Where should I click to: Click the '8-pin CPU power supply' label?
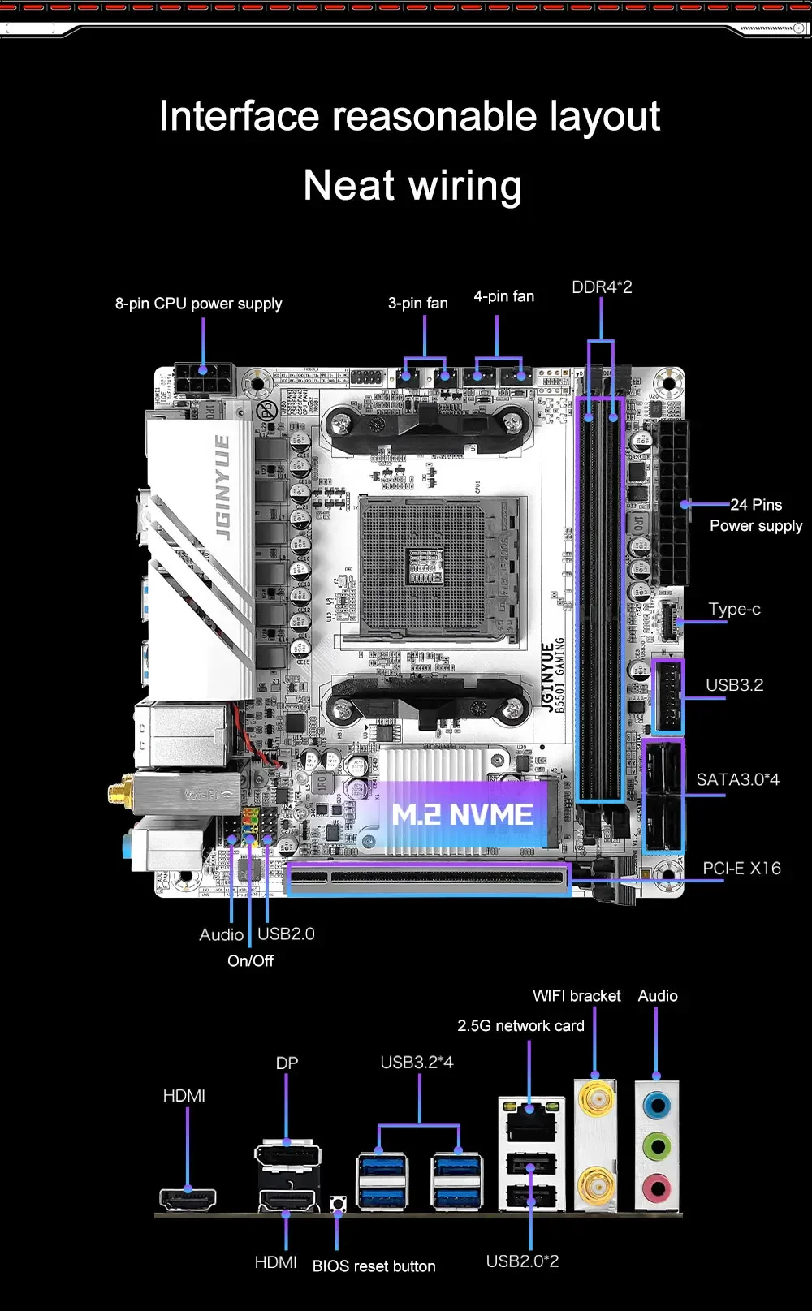[x=198, y=304]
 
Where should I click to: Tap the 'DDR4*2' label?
[x=602, y=287]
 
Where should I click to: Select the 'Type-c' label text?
[x=734, y=609]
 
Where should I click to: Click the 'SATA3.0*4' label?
[x=737, y=780]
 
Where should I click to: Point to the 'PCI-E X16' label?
[x=741, y=869]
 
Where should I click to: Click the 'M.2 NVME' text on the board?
[x=462, y=815]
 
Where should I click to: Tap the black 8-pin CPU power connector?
[x=203, y=379]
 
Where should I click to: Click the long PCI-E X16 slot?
[x=428, y=879]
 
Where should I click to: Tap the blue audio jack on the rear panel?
[x=656, y=1105]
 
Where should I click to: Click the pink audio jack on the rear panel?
[x=656, y=1189]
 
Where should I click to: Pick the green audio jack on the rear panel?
[x=656, y=1147]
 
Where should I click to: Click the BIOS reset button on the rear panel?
[x=338, y=1203]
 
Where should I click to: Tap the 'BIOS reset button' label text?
[x=374, y=1266]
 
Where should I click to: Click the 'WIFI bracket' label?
[x=577, y=996]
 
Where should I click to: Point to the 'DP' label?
[x=287, y=1063]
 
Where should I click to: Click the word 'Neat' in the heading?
[x=349, y=186]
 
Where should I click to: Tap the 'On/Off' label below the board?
[x=250, y=961]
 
